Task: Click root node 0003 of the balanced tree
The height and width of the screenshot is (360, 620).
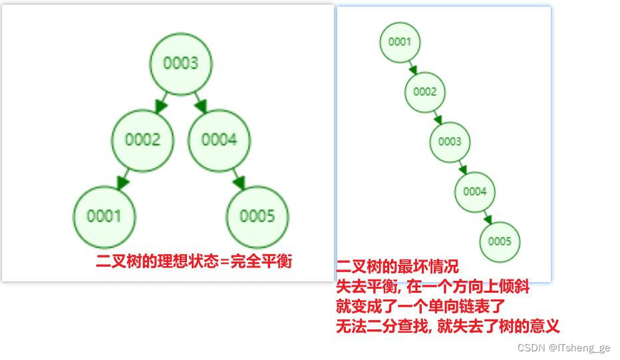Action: (180, 63)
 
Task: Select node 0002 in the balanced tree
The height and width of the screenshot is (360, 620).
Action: (142, 140)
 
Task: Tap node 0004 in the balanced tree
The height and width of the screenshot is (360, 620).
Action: (219, 140)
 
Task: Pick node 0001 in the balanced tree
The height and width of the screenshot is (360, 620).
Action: (104, 216)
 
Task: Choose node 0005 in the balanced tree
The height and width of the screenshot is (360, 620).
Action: (257, 216)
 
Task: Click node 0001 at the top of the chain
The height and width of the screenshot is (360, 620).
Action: (400, 42)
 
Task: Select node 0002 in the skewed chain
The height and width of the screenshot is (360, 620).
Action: (424, 92)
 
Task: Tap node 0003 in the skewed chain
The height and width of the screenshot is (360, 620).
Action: (450, 142)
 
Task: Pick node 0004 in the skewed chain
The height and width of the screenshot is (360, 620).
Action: (475, 192)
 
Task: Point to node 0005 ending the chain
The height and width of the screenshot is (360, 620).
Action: (500, 242)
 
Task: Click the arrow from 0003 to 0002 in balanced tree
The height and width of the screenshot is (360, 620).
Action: (161, 102)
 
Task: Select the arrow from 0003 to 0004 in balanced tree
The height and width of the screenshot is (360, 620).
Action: (199, 102)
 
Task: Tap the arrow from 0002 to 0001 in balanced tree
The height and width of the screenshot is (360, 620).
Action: (123, 179)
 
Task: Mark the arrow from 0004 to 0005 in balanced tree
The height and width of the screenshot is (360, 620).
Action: (237, 179)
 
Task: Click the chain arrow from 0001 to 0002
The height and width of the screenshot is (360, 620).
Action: (412, 67)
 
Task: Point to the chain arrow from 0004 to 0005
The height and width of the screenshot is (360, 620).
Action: (488, 217)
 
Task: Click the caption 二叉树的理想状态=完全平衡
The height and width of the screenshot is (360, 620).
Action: (194, 261)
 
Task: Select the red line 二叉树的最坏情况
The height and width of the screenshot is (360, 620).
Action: (397, 268)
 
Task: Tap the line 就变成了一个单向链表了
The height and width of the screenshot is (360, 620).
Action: (420, 307)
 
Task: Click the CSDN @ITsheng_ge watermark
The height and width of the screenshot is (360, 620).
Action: (563, 348)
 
